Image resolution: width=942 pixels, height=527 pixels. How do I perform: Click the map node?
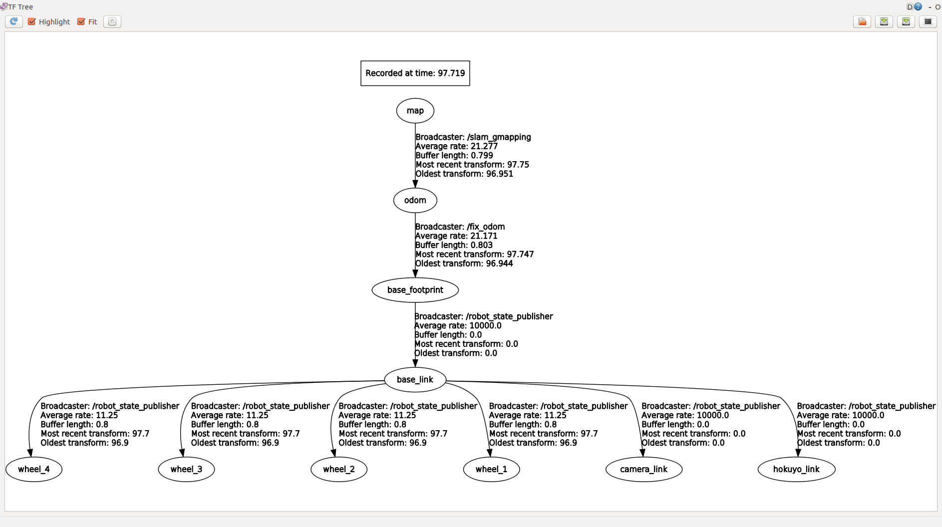415,110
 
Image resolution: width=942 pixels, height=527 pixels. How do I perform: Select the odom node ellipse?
415,200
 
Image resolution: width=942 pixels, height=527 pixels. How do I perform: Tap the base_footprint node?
415,290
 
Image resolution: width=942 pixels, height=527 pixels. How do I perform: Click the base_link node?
415,379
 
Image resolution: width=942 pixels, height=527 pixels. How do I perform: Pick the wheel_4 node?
34,469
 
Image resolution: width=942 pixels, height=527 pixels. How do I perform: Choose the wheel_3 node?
186,469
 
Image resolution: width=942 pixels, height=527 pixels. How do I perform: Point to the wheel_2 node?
339,469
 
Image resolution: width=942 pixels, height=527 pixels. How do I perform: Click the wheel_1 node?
491,469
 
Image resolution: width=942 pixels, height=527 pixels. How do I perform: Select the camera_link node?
644,469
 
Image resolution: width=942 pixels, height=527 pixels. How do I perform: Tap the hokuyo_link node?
796,469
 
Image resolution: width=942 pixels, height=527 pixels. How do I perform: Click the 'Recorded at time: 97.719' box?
415,73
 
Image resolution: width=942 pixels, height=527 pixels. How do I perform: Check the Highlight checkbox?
31,21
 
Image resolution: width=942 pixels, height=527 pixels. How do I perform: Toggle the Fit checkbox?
81,21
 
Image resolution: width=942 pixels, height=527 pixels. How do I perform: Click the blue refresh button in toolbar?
14,21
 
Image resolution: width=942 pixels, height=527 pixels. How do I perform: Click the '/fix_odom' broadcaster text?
486,227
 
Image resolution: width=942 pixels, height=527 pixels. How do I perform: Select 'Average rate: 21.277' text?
457,146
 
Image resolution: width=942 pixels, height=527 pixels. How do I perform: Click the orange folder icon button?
862,21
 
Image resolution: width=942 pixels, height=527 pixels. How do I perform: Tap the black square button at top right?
928,21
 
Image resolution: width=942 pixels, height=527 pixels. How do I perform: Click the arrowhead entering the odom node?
415,184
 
